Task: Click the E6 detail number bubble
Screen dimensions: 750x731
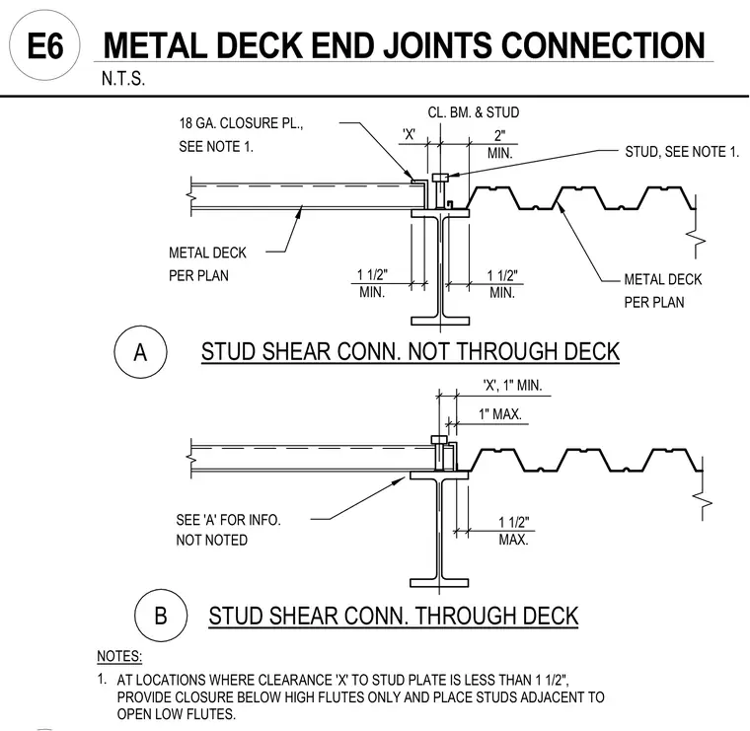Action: click(45, 45)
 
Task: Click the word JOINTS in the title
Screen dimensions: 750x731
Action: click(438, 45)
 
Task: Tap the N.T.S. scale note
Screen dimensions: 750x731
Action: click(123, 79)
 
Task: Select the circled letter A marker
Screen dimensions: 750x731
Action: click(140, 352)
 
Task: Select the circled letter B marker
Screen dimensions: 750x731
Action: click(161, 616)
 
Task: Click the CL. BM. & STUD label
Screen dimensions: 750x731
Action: click(473, 112)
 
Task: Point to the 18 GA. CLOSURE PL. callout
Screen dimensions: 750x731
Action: click(241, 123)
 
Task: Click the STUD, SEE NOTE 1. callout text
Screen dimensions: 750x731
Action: click(682, 152)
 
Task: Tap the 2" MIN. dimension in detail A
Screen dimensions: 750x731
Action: click(500, 144)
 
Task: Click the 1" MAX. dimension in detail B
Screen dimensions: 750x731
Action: click(500, 414)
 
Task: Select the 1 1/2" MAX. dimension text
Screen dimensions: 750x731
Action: click(514, 531)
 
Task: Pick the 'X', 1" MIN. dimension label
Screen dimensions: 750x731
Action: click(512, 386)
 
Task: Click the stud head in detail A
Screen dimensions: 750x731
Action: click(440, 178)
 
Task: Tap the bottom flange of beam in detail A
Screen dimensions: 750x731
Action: click(440, 321)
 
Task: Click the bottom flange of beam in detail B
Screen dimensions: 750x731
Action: click(439, 583)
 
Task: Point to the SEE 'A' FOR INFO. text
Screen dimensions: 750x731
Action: click(228, 520)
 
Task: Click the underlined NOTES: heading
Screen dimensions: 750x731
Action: click(119, 656)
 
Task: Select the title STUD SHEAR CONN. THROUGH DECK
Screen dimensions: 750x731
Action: click(393, 617)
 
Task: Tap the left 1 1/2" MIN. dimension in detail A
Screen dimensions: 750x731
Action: click(372, 283)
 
